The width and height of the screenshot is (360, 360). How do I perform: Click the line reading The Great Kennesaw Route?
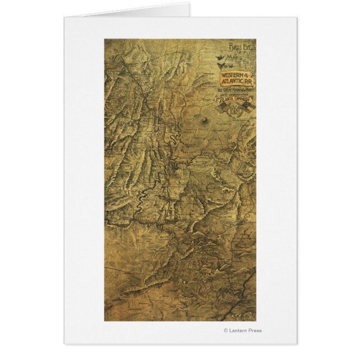coord(235,90)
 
